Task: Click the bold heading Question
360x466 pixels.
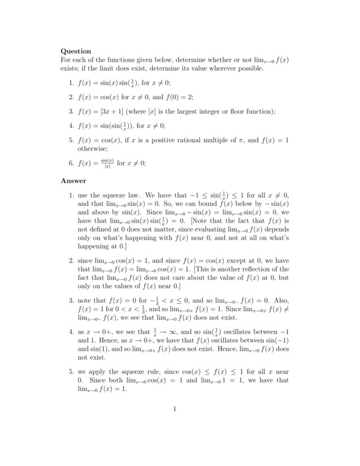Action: pyautogui.click(x=76, y=51)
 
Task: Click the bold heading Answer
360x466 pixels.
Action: pyautogui.click(x=74, y=180)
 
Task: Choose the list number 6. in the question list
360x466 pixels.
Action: pyautogui.click(x=71, y=163)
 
